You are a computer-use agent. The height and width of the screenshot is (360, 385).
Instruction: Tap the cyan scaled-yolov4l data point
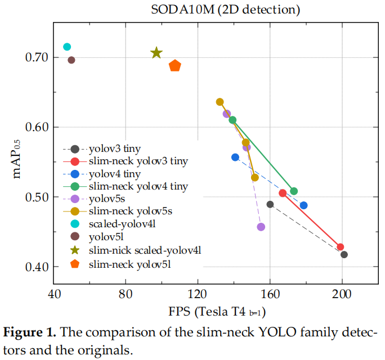tap(67, 47)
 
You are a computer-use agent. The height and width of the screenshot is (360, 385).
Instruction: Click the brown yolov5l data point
tap(71, 60)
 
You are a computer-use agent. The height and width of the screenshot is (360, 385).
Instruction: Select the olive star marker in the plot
tap(156, 53)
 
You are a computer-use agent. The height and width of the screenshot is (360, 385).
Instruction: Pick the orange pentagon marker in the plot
tap(175, 66)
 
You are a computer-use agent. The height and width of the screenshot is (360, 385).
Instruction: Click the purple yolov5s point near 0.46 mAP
tap(261, 227)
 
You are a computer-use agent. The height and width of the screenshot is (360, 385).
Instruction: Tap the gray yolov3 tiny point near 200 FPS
tap(344, 254)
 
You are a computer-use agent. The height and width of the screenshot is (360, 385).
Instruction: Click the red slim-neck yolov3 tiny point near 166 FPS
tap(283, 193)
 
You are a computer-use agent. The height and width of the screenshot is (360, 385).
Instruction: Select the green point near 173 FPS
tap(294, 191)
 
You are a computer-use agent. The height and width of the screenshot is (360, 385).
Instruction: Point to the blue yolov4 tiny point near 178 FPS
tap(304, 205)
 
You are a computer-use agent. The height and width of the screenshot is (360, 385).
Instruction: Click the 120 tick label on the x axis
tap(198, 294)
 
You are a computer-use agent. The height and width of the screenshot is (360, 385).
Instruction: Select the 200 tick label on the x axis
tap(342, 294)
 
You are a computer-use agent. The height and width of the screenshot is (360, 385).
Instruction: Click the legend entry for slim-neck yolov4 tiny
tap(138, 186)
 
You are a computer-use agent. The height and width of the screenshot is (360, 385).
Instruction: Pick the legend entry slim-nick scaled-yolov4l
tap(145, 250)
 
